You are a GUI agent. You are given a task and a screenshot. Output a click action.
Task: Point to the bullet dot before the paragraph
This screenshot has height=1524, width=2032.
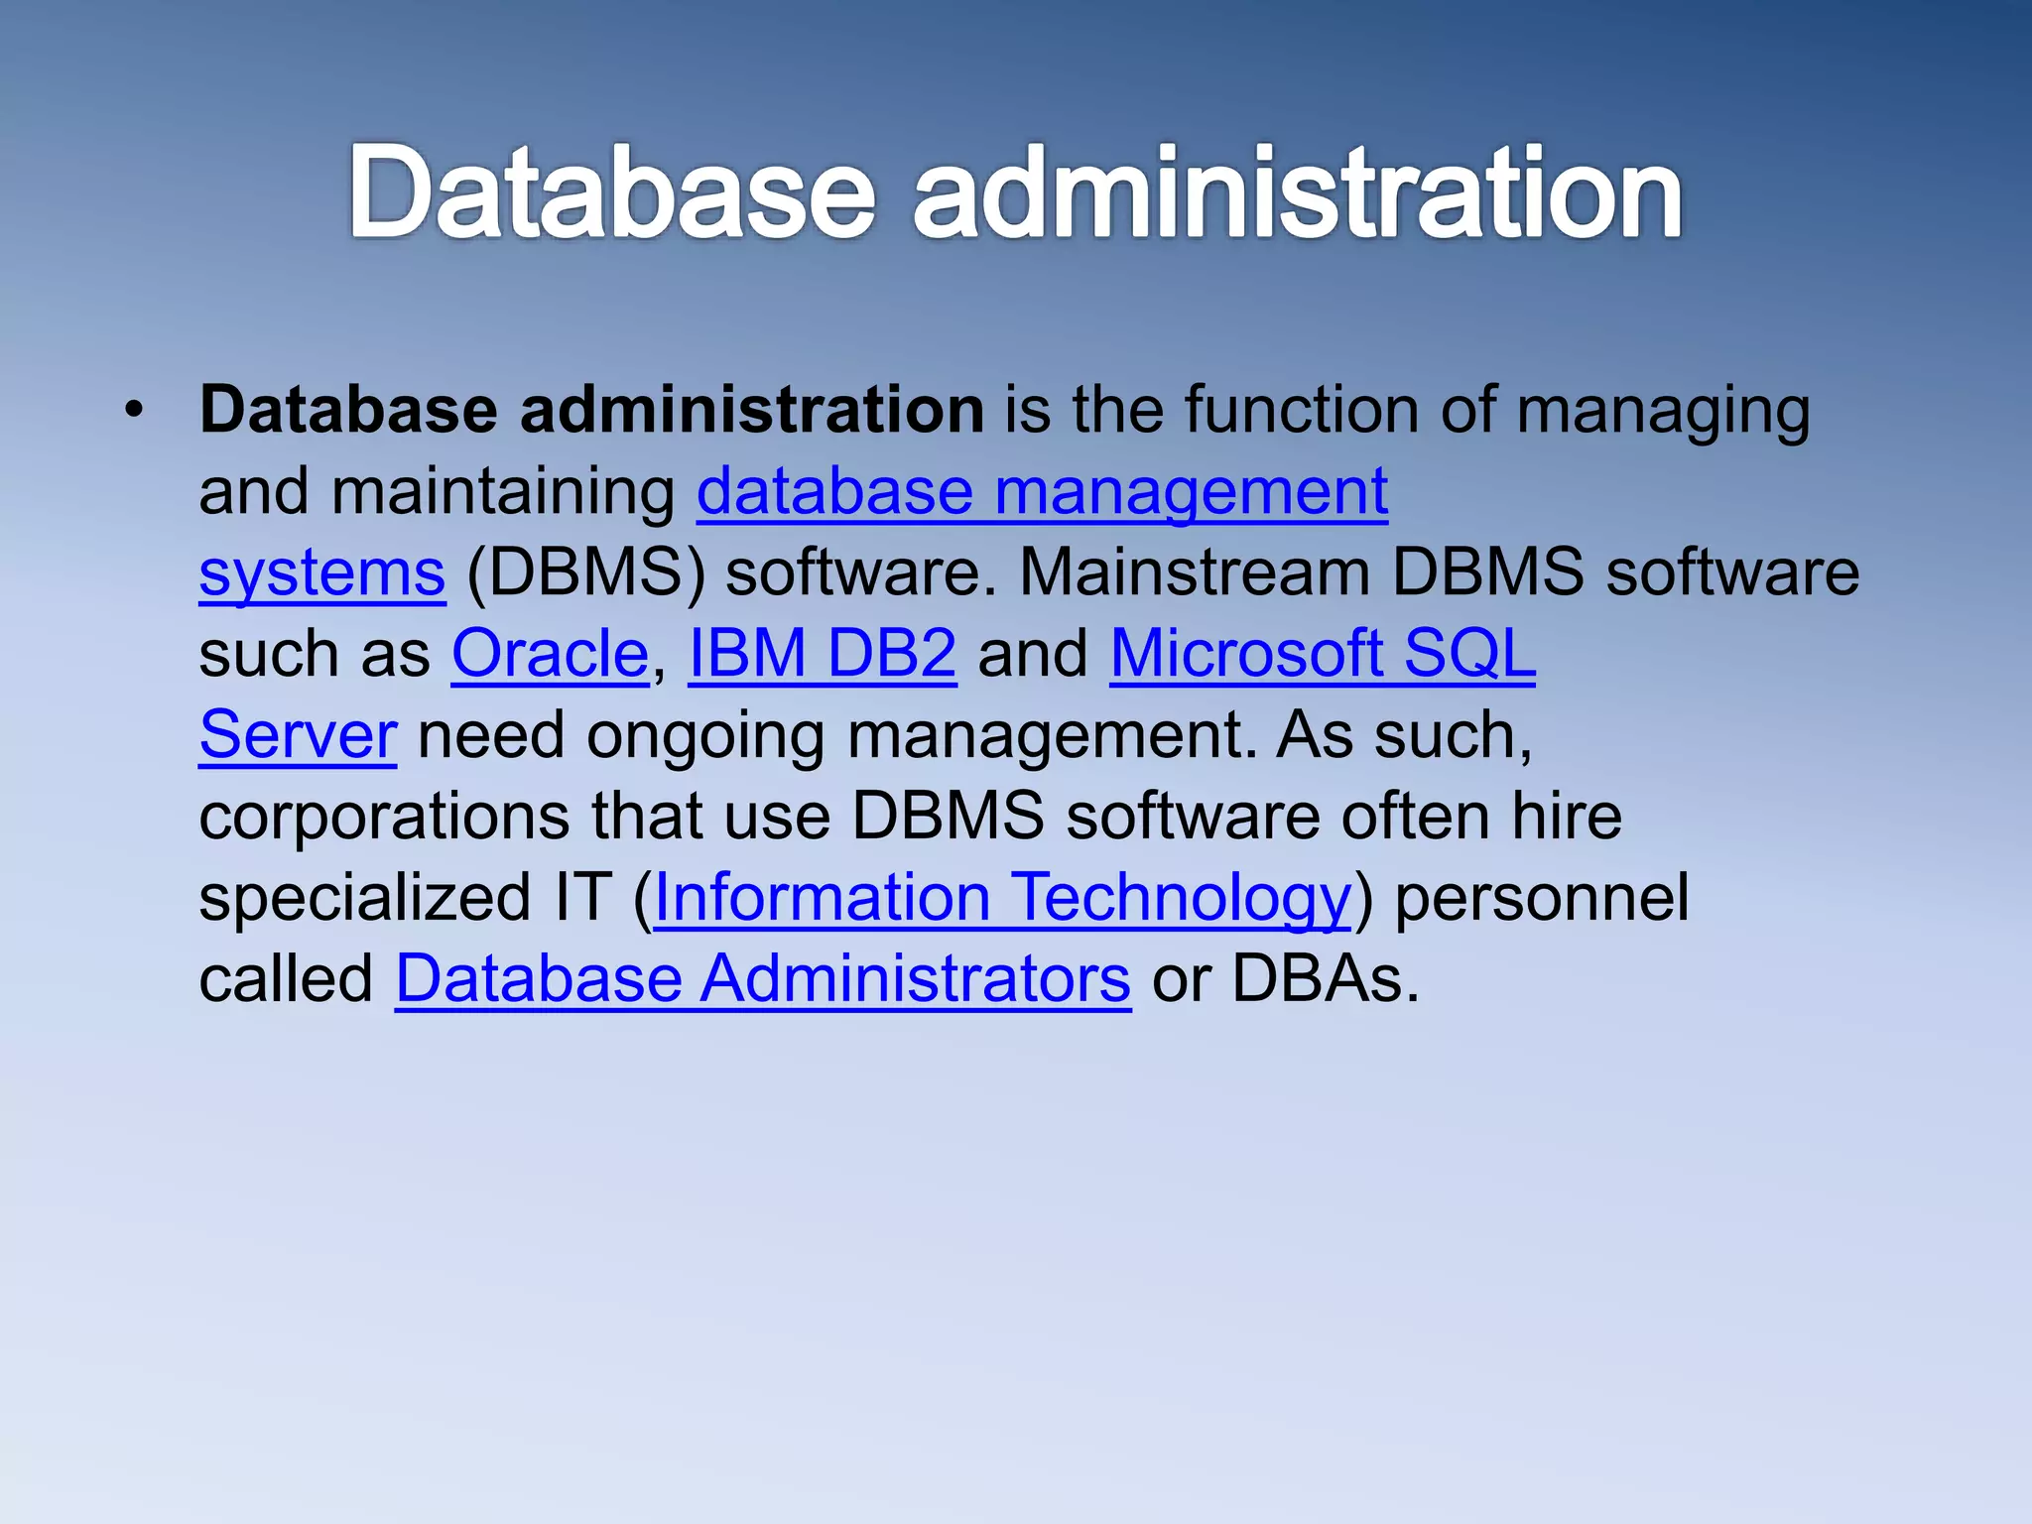tap(134, 410)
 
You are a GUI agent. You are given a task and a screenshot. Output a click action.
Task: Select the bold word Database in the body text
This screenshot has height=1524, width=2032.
tap(348, 410)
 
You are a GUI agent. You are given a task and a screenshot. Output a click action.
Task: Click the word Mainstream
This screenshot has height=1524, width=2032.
tap(1195, 572)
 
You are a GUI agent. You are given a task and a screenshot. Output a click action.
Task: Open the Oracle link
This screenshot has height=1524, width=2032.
tap(550, 654)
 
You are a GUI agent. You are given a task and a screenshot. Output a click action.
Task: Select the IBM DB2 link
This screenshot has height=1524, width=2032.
tap(823, 654)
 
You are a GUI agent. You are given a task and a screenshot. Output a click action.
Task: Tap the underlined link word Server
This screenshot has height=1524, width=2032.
tap(298, 735)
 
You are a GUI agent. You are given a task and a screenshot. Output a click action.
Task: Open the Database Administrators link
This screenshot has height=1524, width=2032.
tap(763, 979)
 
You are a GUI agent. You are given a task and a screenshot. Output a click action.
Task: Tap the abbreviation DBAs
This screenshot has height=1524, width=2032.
tap(1326, 979)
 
